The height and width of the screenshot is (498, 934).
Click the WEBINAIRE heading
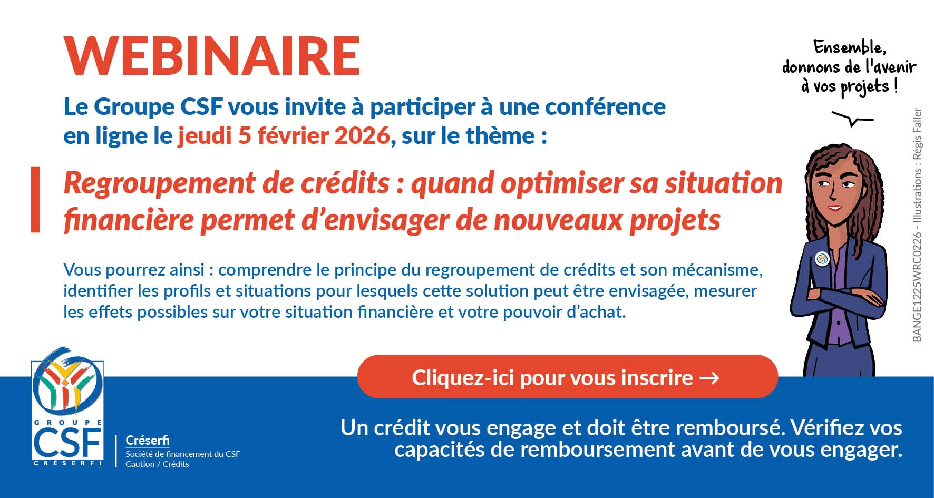coord(212,56)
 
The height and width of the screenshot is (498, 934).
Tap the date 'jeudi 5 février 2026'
coord(284,136)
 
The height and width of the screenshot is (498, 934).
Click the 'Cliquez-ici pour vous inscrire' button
coord(567,377)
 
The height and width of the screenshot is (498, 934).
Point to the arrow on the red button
coord(709,378)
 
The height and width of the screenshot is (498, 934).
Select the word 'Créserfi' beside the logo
coord(148,440)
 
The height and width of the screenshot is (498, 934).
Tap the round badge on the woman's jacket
coord(822,259)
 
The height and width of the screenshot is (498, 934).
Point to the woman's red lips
coord(834,207)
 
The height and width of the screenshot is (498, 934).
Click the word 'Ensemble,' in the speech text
coord(849,47)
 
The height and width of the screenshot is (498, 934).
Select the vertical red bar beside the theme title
coord(35,199)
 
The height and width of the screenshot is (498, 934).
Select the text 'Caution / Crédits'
coord(157,464)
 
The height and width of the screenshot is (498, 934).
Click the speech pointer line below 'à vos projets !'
coord(852,119)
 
